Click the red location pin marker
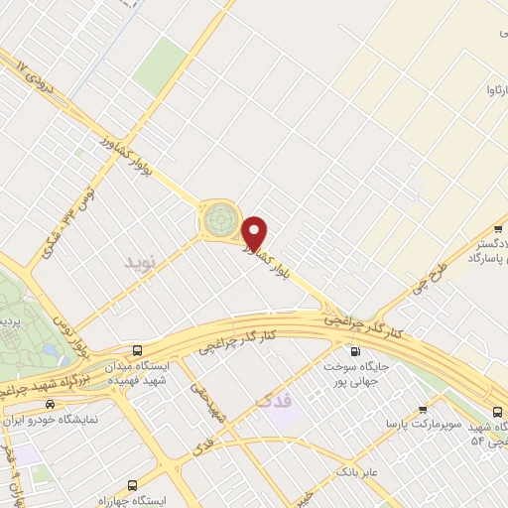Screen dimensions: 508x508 tap(255, 232)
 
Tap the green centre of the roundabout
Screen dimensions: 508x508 tap(220, 218)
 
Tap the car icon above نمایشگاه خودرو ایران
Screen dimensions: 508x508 tap(50, 404)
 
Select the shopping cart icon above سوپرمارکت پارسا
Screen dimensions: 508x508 tap(424, 407)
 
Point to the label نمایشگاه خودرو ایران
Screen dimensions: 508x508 tap(51, 420)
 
